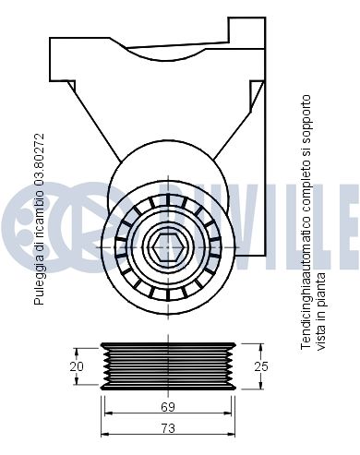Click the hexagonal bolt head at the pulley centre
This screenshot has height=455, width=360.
coord(168,246)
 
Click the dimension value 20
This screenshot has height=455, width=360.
coord(77,366)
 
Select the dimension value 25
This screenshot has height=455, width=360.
coord(261,366)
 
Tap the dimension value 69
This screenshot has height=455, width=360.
coord(168,407)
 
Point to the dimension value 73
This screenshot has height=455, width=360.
coord(168,428)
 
